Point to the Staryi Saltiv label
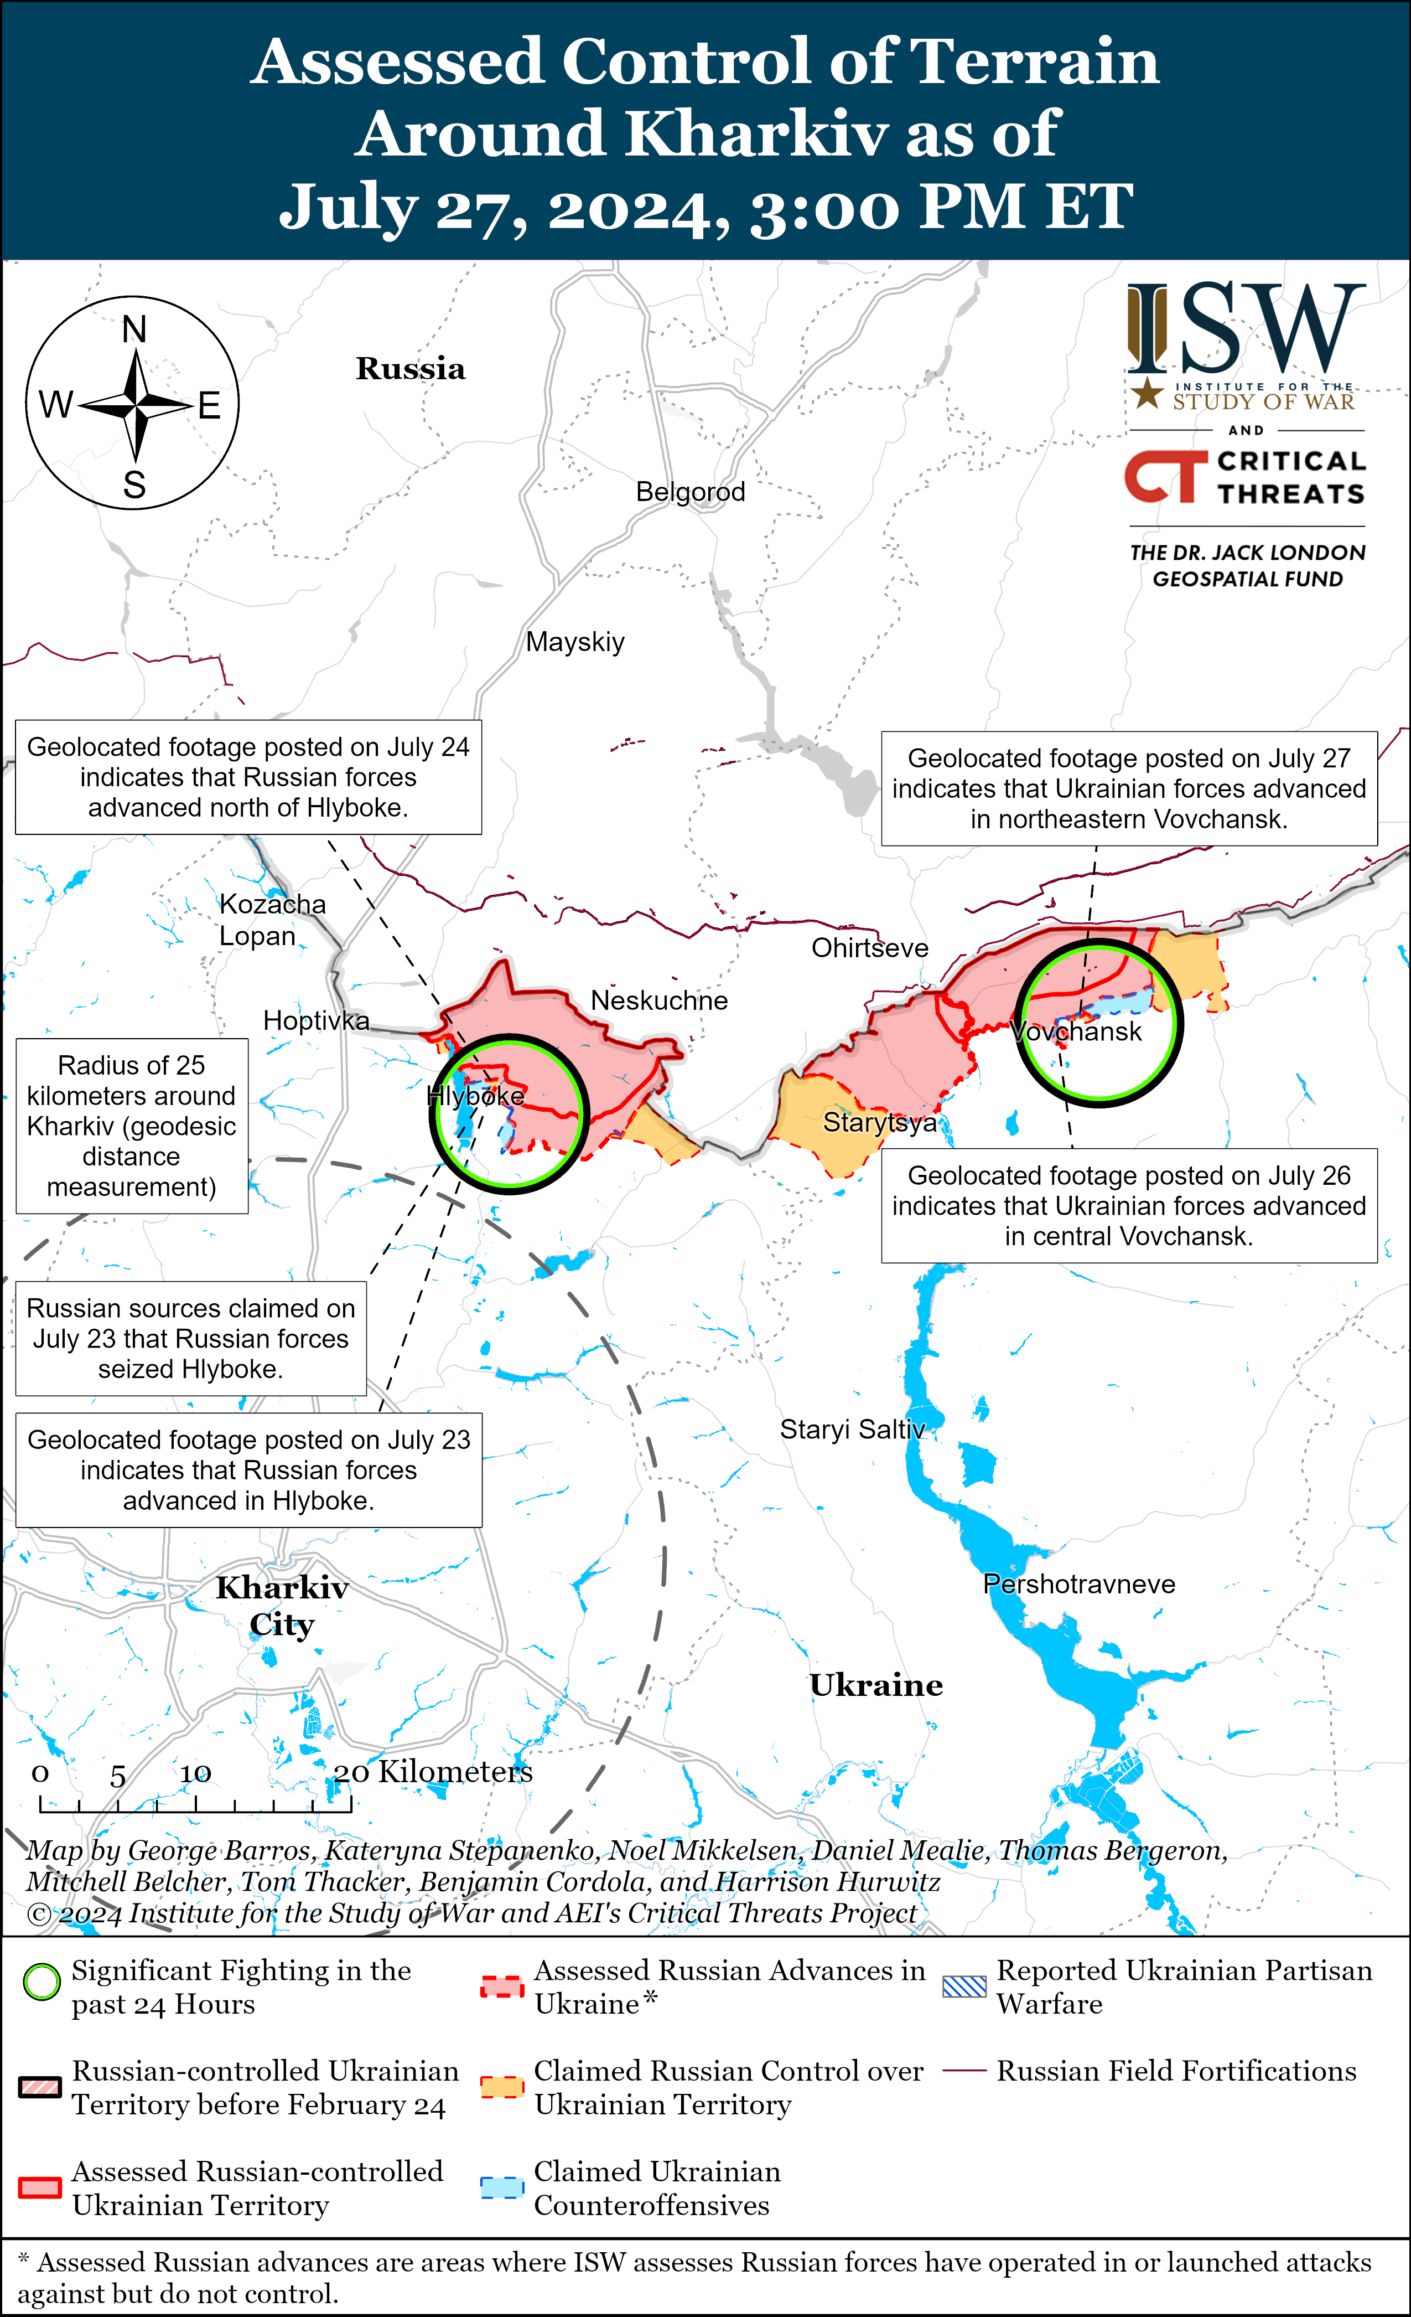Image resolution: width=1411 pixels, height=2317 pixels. tap(852, 1430)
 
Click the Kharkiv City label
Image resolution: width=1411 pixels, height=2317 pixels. tap(282, 1606)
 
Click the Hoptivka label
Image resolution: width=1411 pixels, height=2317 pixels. tap(316, 1020)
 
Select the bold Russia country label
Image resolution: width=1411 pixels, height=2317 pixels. tap(410, 369)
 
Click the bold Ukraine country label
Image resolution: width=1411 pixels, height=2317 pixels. tap(876, 1685)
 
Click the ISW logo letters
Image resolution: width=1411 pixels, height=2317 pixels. tap(1246, 329)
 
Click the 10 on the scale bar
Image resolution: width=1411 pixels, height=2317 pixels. tap(195, 1773)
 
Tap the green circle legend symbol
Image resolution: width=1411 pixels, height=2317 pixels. tap(41, 1982)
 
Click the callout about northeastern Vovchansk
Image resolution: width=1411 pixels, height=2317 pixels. tap(1128, 788)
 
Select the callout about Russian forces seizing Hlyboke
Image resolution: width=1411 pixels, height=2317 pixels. tap(191, 1338)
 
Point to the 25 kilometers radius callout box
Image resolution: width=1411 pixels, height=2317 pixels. tap(132, 1126)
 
